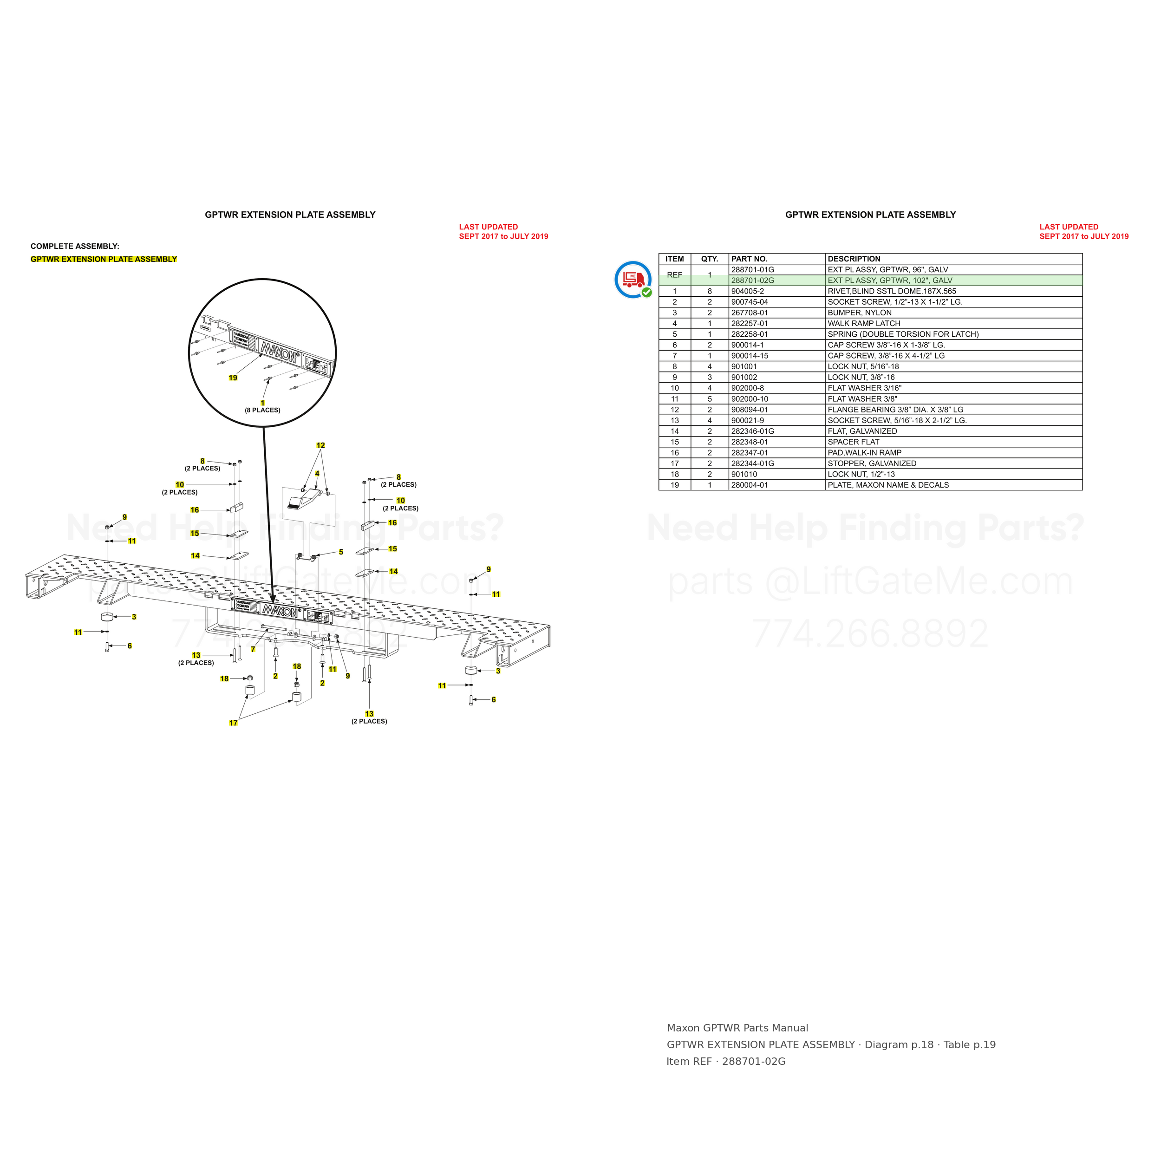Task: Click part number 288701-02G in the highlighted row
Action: coord(752,280)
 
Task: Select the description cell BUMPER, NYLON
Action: coord(859,313)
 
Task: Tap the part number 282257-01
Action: coord(750,324)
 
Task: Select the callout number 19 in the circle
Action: coord(233,378)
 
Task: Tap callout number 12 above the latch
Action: coord(320,445)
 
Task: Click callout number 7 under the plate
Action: coord(254,649)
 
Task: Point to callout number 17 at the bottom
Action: coord(233,723)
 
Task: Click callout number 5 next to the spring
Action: coord(341,552)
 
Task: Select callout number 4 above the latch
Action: coord(317,474)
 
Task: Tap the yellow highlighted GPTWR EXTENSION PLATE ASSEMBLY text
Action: coord(104,259)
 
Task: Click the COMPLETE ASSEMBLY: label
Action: coord(75,247)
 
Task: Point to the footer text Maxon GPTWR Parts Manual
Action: coord(737,1028)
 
